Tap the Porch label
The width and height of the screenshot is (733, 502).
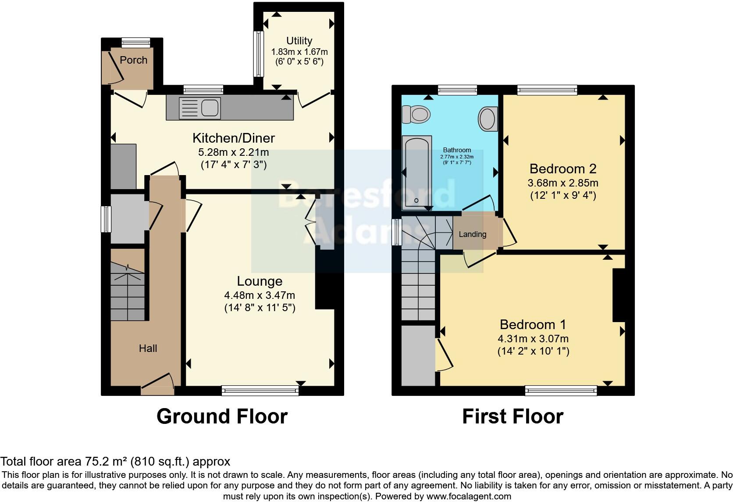click(x=133, y=60)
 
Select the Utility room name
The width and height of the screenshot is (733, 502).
click(x=299, y=41)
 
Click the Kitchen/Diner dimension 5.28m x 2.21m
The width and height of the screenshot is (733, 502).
click(x=233, y=153)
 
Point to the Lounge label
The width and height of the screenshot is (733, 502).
click(x=260, y=281)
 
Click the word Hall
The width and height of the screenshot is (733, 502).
click(x=148, y=348)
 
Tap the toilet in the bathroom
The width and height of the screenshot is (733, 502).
click(x=416, y=115)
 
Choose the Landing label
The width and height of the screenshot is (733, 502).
click(x=472, y=234)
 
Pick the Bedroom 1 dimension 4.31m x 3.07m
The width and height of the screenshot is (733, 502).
click(x=533, y=339)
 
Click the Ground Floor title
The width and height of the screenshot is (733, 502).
click(x=222, y=416)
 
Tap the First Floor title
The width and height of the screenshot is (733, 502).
click(x=512, y=416)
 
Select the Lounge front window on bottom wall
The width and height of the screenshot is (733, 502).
click(x=260, y=390)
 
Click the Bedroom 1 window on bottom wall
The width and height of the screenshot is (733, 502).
click(x=561, y=390)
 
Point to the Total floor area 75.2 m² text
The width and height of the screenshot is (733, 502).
click(x=115, y=462)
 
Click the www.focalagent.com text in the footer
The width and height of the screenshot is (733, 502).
click(x=469, y=497)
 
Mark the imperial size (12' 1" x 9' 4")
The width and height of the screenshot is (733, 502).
click(x=563, y=195)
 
